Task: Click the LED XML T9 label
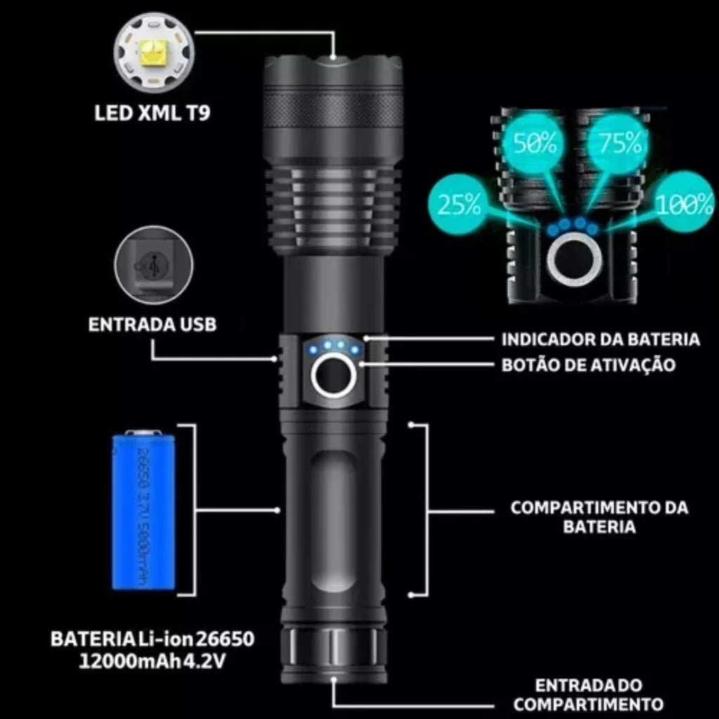pos(152,113)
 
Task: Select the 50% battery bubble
pos(535,145)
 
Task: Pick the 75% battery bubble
pos(619,143)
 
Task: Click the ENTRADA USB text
pos(152,324)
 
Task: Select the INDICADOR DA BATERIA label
pos(600,340)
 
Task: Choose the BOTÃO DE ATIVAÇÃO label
pos(588,365)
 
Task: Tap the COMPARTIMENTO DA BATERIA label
pos(599,517)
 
